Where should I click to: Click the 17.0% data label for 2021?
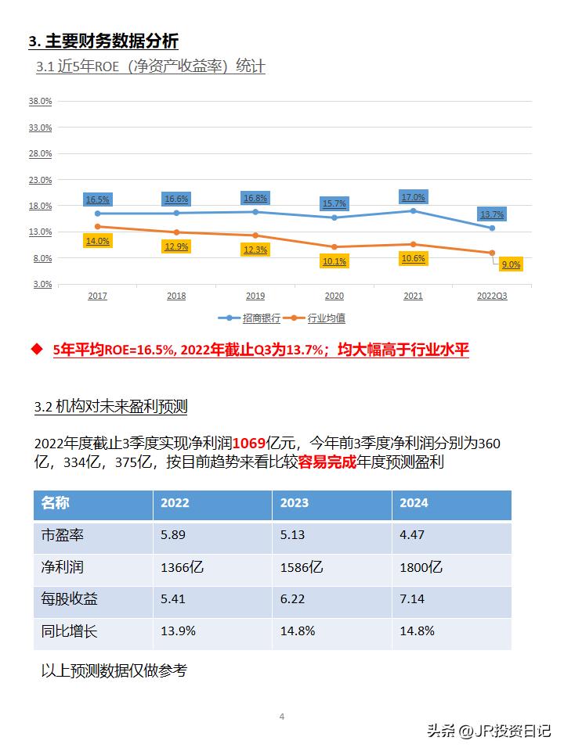pyautogui.click(x=413, y=197)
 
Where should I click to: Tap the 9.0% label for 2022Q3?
pyautogui.click(x=511, y=264)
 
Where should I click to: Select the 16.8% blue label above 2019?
pyautogui.click(x=255, y=198)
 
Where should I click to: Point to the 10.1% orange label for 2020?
pyautogui.click(x=334, y=261)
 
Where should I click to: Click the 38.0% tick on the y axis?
pyautogui.click(x=40, y=101)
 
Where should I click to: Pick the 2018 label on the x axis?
pyautogui.click(x=176, y=296)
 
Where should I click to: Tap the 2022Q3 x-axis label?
pyautogui.click(x=492, y=296)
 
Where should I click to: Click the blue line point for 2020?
pyautogui.click(x=334, y=217)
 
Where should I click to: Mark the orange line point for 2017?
pyautogui.click(x=98, y=226)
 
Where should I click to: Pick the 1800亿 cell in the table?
pyautogui.click(x=421, y=567)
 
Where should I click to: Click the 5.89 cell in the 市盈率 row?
pyautogui.click(x=175, y=535)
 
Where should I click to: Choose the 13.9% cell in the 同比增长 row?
pyautogui.click(x=178, y=631)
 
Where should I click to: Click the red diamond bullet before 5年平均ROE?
pyautogui.click(x=36, y=349)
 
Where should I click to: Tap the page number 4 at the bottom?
pyautogui.click(x=282, y=717)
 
